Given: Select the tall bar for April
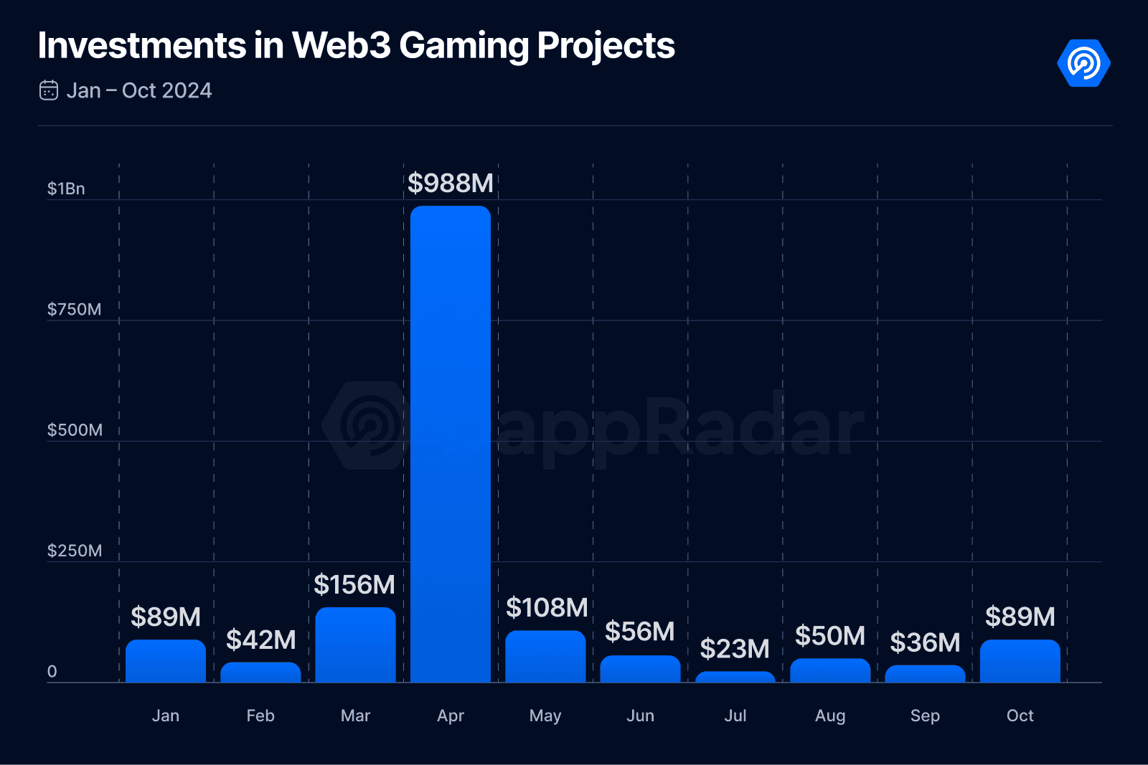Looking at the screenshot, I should pyautogui.click(x=450, y=445).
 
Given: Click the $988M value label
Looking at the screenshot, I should pyautogui.click(x=450, y=184).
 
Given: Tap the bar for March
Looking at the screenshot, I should pyautogui.click(x=355, y=645).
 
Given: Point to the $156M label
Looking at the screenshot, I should pyautogui.click(x=354, y=585).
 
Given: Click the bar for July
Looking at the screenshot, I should pyautogui.click(x=735, y=677).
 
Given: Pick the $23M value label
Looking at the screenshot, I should pyautogui.click(x=735, y=649).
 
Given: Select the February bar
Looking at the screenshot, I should pyautogui.click(x=260, y=672).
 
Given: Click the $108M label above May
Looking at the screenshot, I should pyautogui.click(x=547, y=608).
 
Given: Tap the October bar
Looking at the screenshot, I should pyautogui.click(x=1020, y=661).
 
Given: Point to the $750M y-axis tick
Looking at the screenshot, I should pyautogui.click(x=74, y=310).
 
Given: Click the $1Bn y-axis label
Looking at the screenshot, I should pyautogui.click(x=66, y=189).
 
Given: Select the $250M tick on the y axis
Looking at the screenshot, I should pyautogui.click(x=74, y=551).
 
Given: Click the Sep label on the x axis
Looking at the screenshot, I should pyautogui.click(x=925, y=716).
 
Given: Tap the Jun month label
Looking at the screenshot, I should pyautogui.click(x=640, y=716).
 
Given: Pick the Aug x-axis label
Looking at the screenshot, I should pyautogui.click(x=830, y=716).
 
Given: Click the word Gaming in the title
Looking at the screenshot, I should pyautogui.click(x=464, y=46).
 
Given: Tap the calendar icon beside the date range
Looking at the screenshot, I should pyautogui.click(x=49, y=90).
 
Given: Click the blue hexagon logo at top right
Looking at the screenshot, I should pyautogui.click(x=1083, y=63).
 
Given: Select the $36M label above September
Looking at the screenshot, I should pyautogui.click(x=925, y=643).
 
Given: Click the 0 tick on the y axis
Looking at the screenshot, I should pyautogui.click(x=52, y=672).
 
